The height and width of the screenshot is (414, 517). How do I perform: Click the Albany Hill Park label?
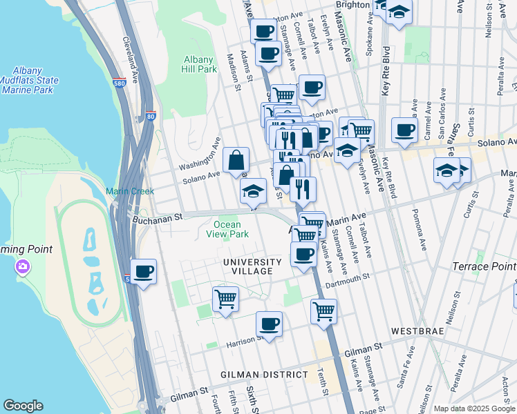(x=200, y=64)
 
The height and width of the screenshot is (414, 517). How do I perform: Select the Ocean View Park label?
(x=227, y=229)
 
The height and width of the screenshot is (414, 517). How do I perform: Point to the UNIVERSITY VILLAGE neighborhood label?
(x=252, y=266)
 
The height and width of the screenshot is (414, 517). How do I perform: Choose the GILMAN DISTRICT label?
(x=264, y=374)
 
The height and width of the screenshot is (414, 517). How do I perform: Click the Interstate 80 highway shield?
(x=151, y=117)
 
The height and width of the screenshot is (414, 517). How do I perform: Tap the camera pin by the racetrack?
(x=23, y=266)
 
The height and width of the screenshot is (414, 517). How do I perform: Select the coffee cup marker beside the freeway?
(x=143, y=271)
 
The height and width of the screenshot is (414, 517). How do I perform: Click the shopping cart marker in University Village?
(x=225, y=299)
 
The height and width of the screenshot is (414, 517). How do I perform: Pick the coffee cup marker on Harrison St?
(x=269, y=323)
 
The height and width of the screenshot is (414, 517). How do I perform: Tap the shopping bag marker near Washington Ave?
(x=236, y=160)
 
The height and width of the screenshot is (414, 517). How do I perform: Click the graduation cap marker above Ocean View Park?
(x=254, y=190)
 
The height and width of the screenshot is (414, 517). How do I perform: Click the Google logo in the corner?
(x=23, y=406)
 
